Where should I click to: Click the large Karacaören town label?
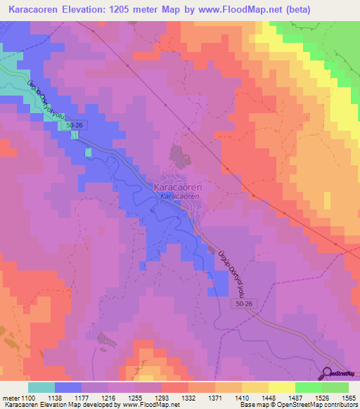[179, 189]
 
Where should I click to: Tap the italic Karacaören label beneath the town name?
[179, 197]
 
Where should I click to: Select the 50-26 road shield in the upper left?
[80, 125]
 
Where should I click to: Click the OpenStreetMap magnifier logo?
[328, 374]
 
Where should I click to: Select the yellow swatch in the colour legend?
[281, 387]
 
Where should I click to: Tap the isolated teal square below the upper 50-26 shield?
[88, 151]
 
